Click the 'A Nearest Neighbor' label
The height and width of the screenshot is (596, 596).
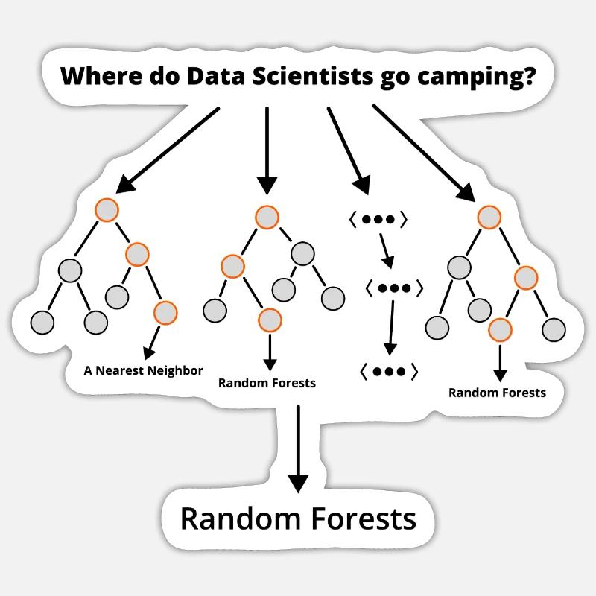click(143, 370)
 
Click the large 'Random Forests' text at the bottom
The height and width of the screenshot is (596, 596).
click(298, 519)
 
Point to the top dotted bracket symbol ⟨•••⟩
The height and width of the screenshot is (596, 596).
click(378, 220)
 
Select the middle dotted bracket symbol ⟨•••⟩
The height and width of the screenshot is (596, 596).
click(395, 288)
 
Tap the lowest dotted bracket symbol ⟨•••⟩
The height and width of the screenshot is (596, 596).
click(389, 370)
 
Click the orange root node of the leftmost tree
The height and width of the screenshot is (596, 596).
click(107, 209)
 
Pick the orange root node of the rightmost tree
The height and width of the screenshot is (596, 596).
click(488, 218)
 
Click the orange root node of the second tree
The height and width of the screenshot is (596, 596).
click(267, 218)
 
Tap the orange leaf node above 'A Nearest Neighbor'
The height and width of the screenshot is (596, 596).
click(165, 313)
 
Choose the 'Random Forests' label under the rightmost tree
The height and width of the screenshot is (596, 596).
click(497, 393)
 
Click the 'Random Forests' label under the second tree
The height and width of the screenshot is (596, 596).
click(267, 383)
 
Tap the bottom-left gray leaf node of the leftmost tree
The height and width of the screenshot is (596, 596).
click(42, 322)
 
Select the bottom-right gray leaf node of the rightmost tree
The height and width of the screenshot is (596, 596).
click(554, 328)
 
